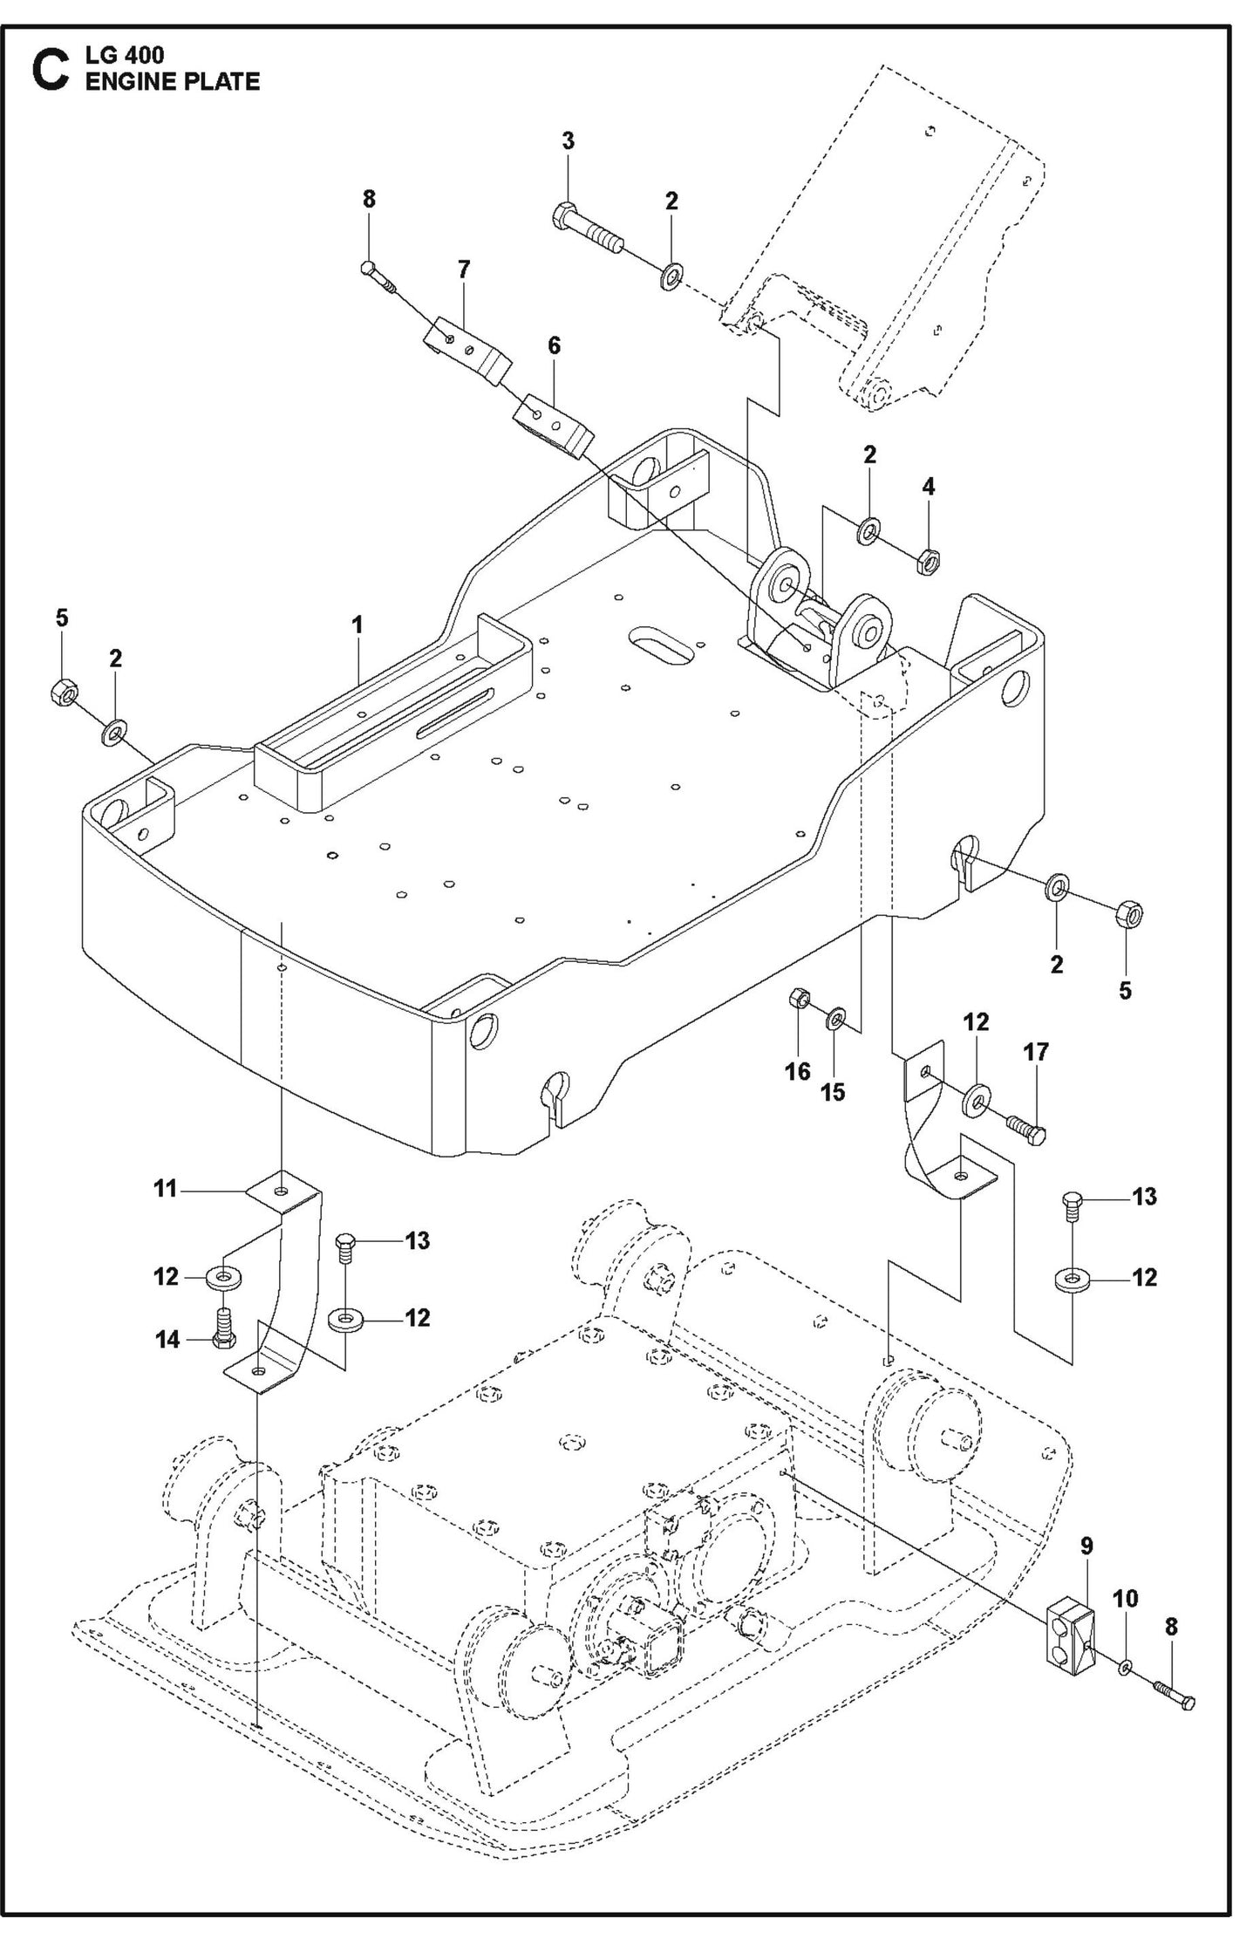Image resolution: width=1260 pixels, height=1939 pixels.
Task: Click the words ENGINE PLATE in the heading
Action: [172, 81]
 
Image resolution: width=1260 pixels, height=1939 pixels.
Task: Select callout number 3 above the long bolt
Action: [568, 140]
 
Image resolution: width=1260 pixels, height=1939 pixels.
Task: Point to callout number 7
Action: [464, 270]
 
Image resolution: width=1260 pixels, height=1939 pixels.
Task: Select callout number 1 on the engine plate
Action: [357, 625]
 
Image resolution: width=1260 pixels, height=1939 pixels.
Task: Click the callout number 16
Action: [797, 1071]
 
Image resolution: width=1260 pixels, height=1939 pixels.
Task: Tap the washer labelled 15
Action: [835, 1017]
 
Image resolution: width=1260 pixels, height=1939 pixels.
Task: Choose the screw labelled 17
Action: [1026, 1126]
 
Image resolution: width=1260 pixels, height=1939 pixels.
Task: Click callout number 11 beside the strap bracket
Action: [166, 1188]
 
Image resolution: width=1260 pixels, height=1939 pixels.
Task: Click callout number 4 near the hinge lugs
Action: [929, 486]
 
